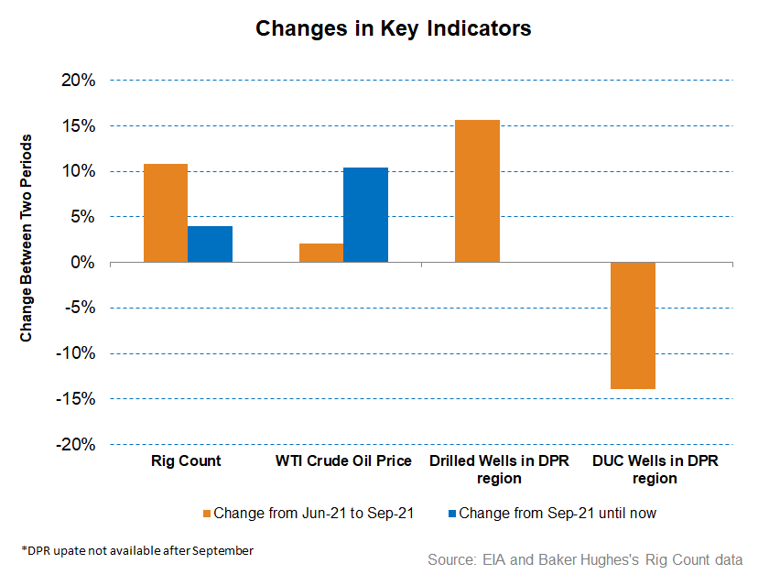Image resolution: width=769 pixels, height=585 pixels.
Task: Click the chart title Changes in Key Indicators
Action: point(393,28)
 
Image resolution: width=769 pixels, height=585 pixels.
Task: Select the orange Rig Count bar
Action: point(166,213)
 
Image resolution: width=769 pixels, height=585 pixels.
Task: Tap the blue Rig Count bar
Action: point(210,244)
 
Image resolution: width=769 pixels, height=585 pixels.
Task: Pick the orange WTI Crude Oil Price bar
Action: point(321,253)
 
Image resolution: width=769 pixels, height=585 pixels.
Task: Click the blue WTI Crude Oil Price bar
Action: point(365,215)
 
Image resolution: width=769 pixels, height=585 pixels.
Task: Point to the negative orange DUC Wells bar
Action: point(633,325)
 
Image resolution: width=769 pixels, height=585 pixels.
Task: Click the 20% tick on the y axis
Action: point(80,81)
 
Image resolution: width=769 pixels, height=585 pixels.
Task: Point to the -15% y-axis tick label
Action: point(78,399)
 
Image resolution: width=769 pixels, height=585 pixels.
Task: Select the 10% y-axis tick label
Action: point(80,172)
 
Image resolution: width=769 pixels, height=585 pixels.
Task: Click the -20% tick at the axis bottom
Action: point(78,444)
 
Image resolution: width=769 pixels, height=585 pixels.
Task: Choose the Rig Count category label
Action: point(186,461)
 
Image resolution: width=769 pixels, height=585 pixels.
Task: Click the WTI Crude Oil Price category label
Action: point(342,461)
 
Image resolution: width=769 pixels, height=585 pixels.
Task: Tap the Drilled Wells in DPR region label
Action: point(499,470)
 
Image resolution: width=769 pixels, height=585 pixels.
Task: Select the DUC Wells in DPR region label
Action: point(655,470)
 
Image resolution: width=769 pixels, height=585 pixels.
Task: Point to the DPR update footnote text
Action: point(137,550)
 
